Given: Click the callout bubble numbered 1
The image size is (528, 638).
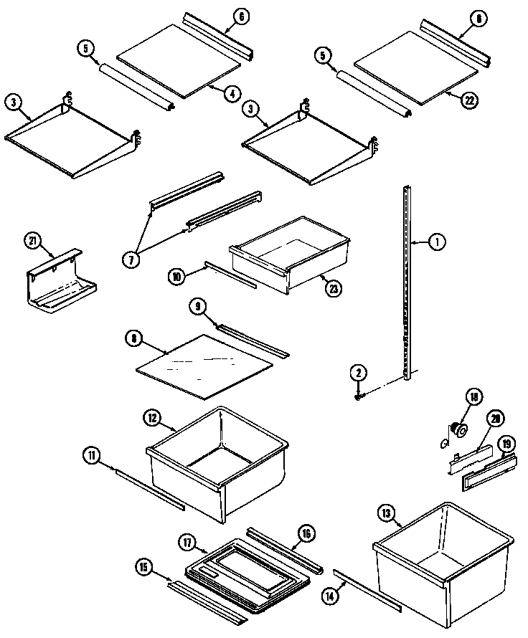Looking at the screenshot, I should click(x=437, y=242).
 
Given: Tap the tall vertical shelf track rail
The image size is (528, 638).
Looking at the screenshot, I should click(x=407, y=287).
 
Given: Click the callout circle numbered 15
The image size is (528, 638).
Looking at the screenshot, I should click(x=145, y=567).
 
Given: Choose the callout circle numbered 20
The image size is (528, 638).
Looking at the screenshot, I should click(x=494, y=419).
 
